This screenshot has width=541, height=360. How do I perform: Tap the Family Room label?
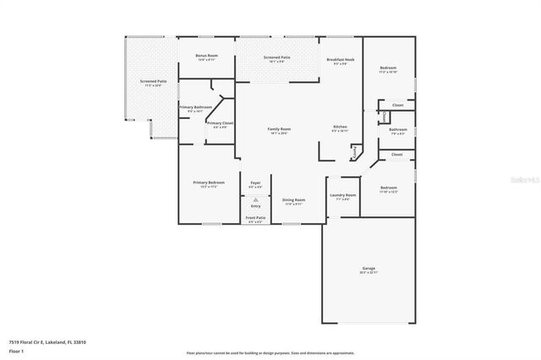pyautogui.click(x=279, y=130)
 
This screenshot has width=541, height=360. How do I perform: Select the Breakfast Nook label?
pyautogui.click(x=340, y=60)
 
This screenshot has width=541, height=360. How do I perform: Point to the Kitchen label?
pyautogui.click(x=339, y=128)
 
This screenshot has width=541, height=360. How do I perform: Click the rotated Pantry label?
pyautogui.click(x=355, y=152)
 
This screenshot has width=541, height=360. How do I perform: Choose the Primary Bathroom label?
pyautogui.click(x=195, y=108)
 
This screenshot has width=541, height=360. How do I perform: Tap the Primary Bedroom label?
pyautogui.click(x=208, y=183)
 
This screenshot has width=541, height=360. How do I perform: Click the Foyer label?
pyautogui.click(x=255, y=183)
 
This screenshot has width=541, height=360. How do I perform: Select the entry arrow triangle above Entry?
pyautogui.click(x=255, y=199)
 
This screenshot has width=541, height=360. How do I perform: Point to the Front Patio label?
pyautogui.click(x=255, y=219)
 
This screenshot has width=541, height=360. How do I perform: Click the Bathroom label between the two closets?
pyautogui.click(x=397, y=131)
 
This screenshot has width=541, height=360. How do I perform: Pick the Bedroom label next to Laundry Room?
pyautogui.click(x=388, y=189)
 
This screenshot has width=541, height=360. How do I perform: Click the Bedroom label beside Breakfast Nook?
pyautogui.click(x=388, y=69)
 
